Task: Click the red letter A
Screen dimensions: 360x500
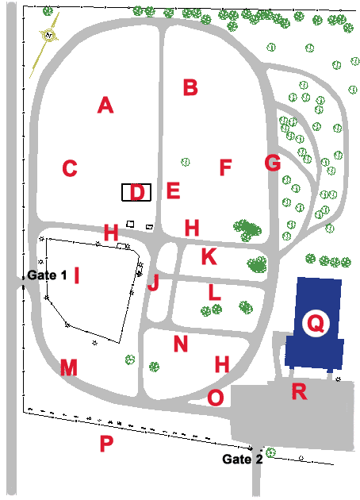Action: pyautogui.click(x=105, y=106)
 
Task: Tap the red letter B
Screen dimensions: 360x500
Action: pyautogui.click(x=190, y=87)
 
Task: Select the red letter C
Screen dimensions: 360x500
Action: pyautogui.click(x=70, y=168)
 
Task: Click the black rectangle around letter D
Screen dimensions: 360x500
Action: pyautogui.click(x=122, y=192)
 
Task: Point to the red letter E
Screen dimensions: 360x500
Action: pyautogui.click(x=174, y=190)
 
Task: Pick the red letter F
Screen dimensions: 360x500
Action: pyautogui.click(x=225, y=167)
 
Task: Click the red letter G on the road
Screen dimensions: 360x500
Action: pyautogui.click(x=273, y=163)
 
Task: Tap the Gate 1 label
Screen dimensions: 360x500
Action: pyautogui.click(x=47, y=275)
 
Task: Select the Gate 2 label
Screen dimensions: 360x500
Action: pyautogui.click(x=243, y=459)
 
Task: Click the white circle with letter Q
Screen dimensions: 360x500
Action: pyautogui.click(x=316, y=323)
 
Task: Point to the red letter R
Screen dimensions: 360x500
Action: pyautogui.click(x=300, y=391)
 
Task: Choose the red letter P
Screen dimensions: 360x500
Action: pyautogui.click(x=106, y=443)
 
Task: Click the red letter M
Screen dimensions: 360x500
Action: pyautogui.click(x=69, y=367)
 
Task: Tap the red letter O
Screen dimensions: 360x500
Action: pyautogui.click(x=216, y=398)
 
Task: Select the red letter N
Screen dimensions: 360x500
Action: pyautogui.click(x=181, y=344)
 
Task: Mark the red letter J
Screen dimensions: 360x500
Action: pyautogui.click(x=153, y=283)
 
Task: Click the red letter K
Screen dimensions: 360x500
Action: pyautogui.click(x=209, y=256)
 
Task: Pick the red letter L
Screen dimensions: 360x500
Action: pyautogui.click(x=215, y=292)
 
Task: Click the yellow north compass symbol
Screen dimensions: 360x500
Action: pyautogui.click(x=48, y=35)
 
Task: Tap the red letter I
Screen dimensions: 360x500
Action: pyautogui.click(x=76, y=275)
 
